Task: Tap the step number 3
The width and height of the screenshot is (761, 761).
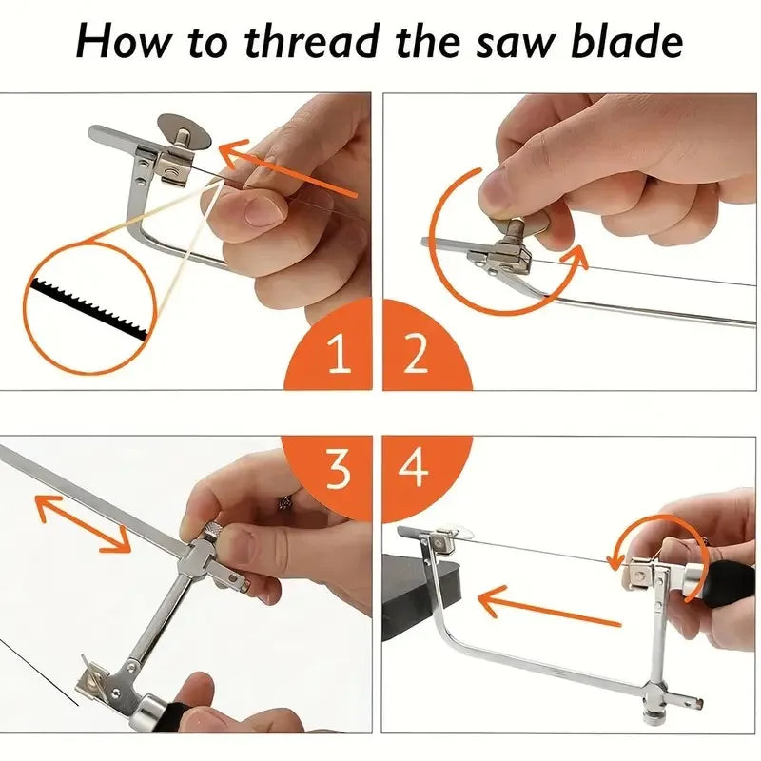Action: [x=338, y=468]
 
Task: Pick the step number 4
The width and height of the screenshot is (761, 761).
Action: [x=416, y=468]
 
